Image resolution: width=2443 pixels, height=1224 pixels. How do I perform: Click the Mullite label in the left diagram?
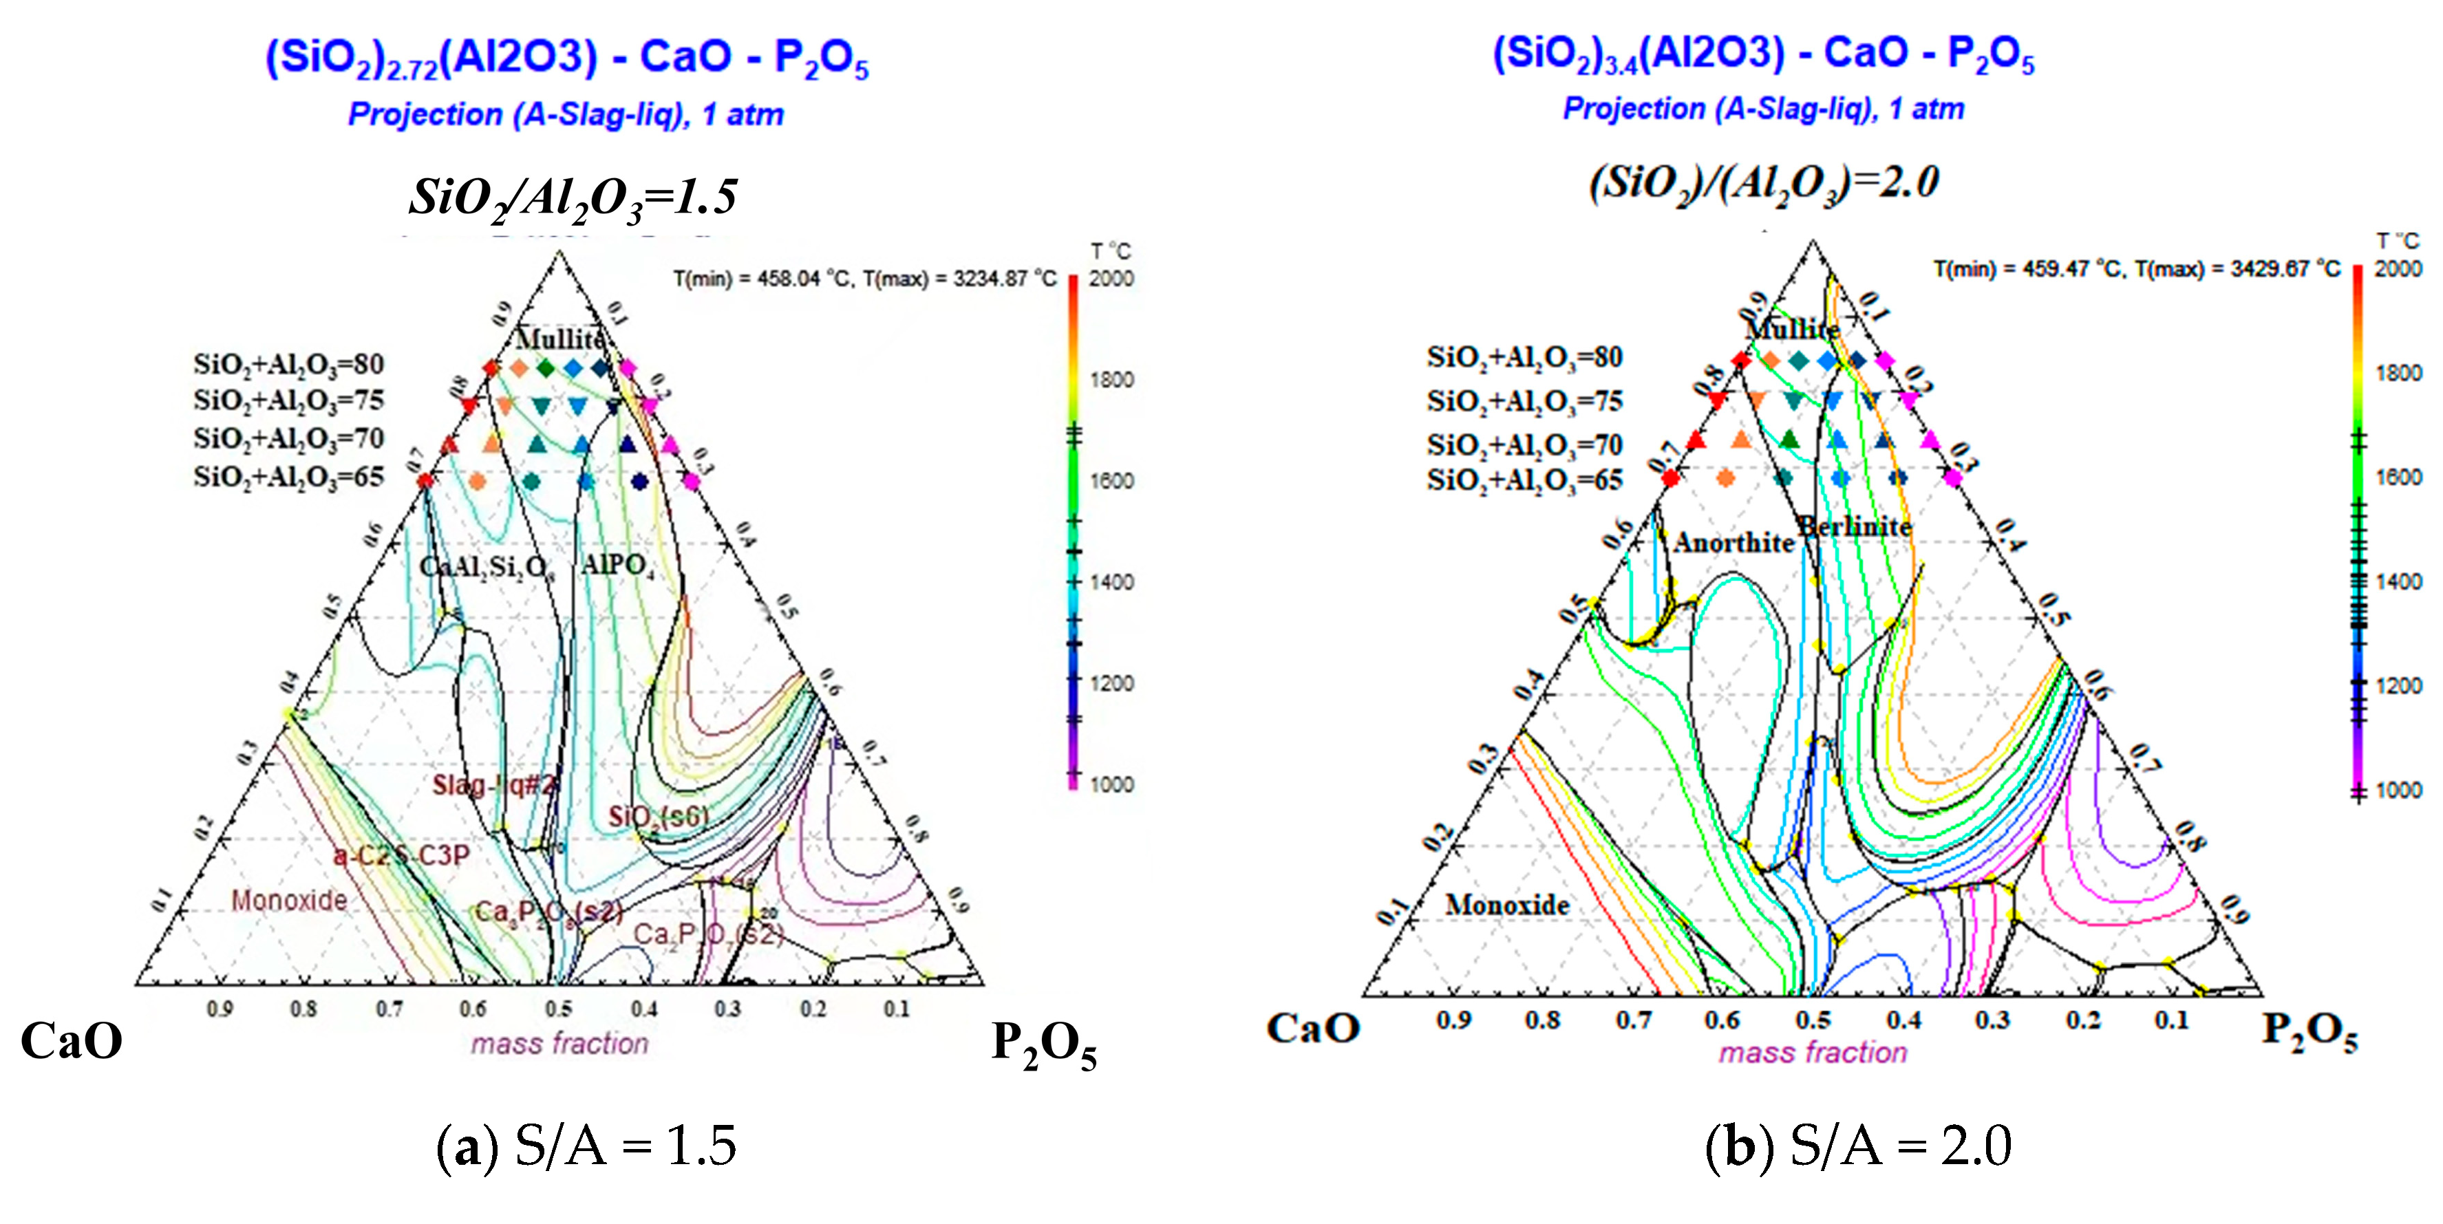point(559,339)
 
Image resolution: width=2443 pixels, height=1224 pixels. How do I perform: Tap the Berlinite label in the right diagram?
point(1855,526)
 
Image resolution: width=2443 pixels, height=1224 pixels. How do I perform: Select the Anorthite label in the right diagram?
point(1733,544)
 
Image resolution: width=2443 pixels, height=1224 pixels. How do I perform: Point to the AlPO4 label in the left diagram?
point(617,565)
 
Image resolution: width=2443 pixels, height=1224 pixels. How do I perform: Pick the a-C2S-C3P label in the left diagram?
point(401,856)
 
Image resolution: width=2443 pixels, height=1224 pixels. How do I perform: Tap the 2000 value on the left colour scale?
point(1111,279)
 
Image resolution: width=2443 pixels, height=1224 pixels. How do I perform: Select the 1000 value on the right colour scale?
point(2398,790)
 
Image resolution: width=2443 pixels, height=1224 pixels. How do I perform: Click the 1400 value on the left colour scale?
point(1111,582)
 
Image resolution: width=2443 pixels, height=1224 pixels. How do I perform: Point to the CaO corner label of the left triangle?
point(71,1041)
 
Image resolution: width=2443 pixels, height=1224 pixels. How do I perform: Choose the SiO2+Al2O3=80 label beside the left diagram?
point(288,364)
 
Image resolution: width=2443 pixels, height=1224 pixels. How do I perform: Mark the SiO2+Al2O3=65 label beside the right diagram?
point(1524,480)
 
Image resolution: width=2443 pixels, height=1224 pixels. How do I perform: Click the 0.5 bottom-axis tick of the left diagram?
point(559,1009)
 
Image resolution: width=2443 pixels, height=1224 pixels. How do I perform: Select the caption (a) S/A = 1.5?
point(585,1146)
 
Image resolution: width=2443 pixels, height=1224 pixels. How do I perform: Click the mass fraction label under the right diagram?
point(1813,1053)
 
